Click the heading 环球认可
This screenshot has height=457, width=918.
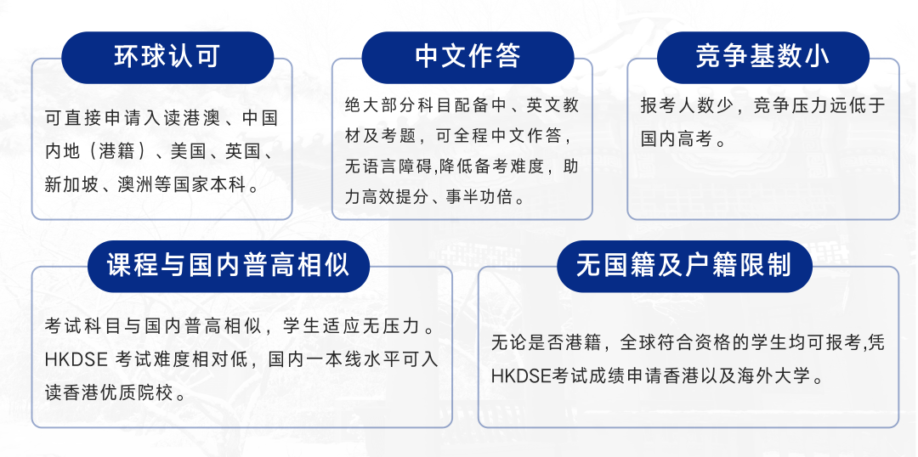[167, 56]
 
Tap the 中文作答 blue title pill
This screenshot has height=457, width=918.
[467, 57]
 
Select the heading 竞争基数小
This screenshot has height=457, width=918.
[762, 56]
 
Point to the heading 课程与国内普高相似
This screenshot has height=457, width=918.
[229, 265]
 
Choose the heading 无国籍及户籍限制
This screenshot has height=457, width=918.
[684, 265]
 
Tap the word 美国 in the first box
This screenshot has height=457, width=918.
[188, 151]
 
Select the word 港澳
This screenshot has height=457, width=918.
[203, 119]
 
